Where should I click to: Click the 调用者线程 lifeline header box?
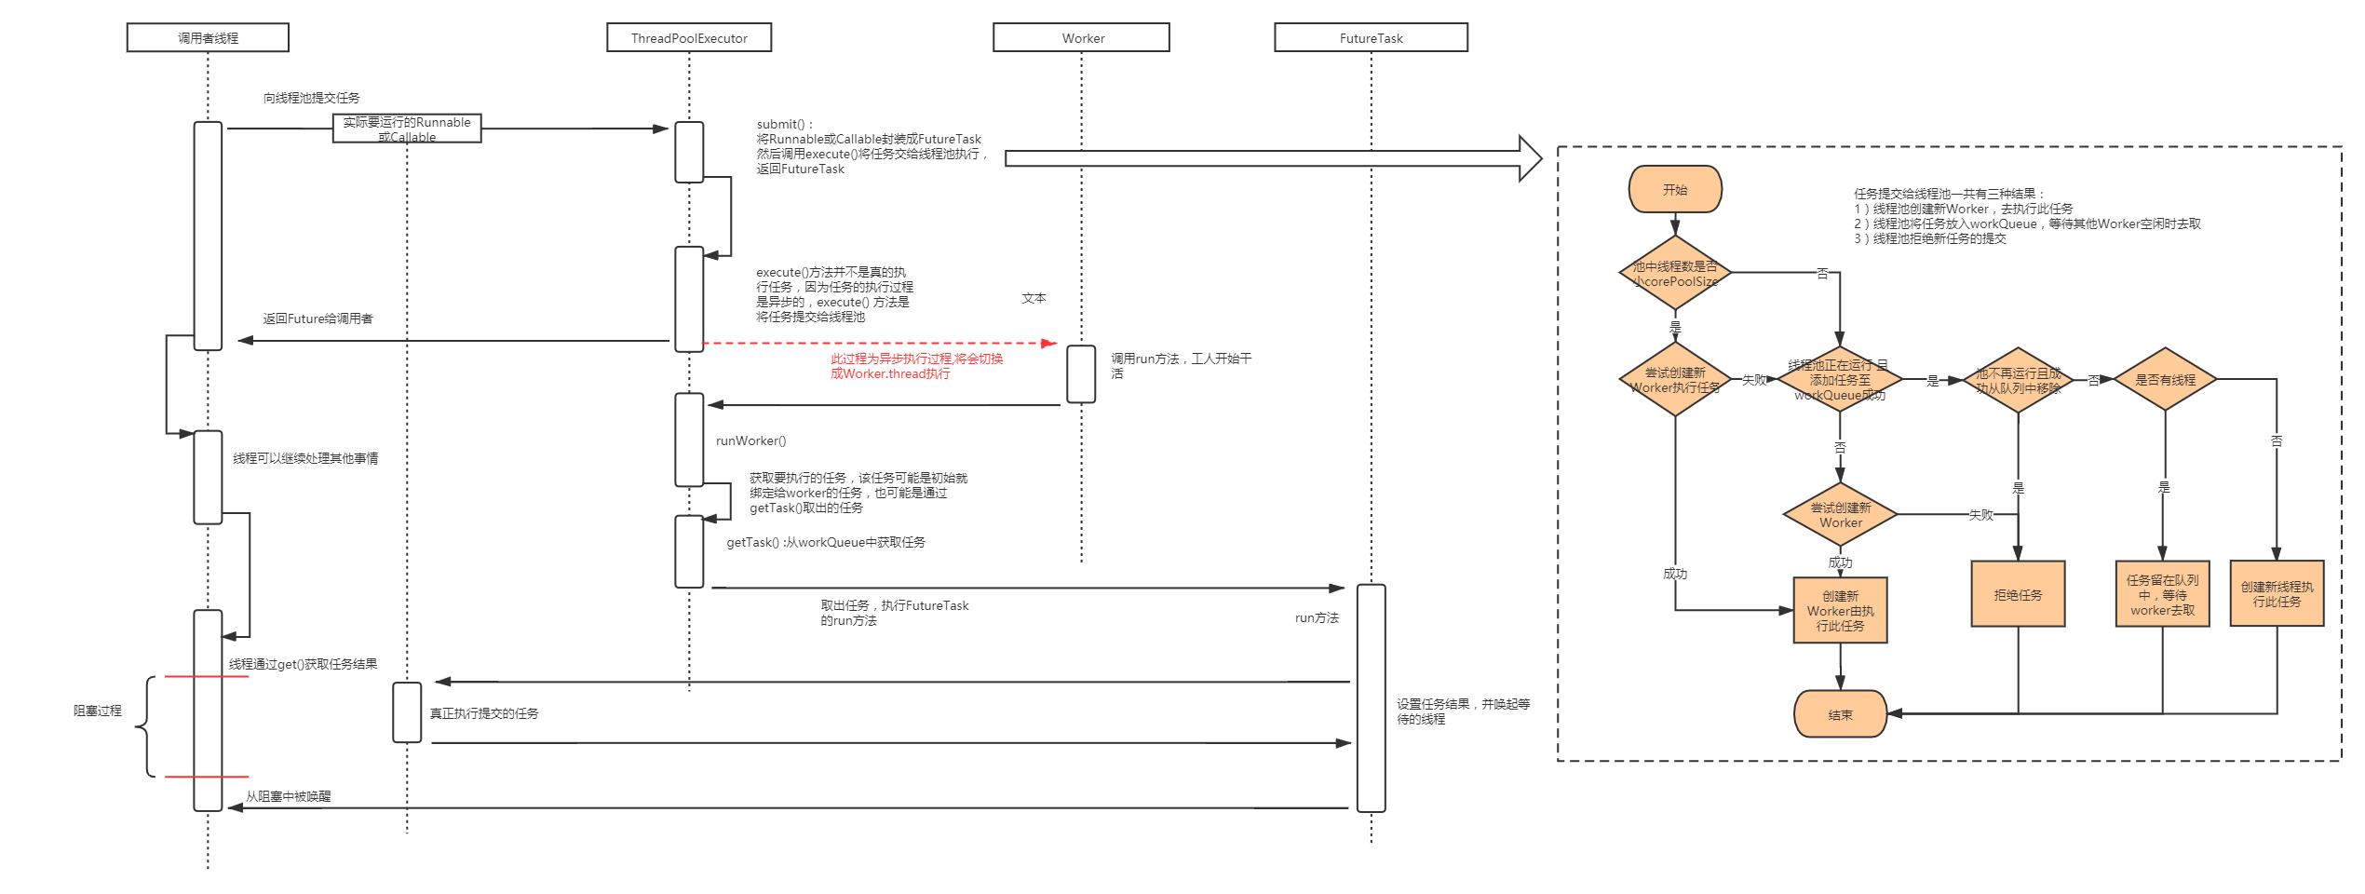click(x=208, y=38)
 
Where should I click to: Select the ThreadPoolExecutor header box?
click(x=689, y=38)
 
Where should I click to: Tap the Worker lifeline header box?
click(x=1081, y=38)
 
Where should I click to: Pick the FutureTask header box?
click(x=1371, y=38)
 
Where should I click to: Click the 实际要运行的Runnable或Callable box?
click(x=407, y=129)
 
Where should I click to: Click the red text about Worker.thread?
click(x=916, y=366)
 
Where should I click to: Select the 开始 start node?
click(x=1675, y=190)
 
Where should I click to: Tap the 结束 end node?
click(x=1840, y=714)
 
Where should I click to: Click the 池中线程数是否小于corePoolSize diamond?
click(x=1675, y=273)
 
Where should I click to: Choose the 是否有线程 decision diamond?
click(x=2165, y=379)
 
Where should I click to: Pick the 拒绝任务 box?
click(x=2018, y=594)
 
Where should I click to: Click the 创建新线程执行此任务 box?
click(x=2277, y=594)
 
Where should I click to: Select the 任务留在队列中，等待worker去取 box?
click(x=2162, y=594)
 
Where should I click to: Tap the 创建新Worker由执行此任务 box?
click(x=1840, y=611)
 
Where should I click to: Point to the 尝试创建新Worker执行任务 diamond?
click(x=1675, y=380)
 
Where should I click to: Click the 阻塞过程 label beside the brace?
click(x=98, y=711)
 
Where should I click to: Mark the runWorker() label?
click(x=750, y=440)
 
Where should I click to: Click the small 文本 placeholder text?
click(x=1034, y=298)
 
